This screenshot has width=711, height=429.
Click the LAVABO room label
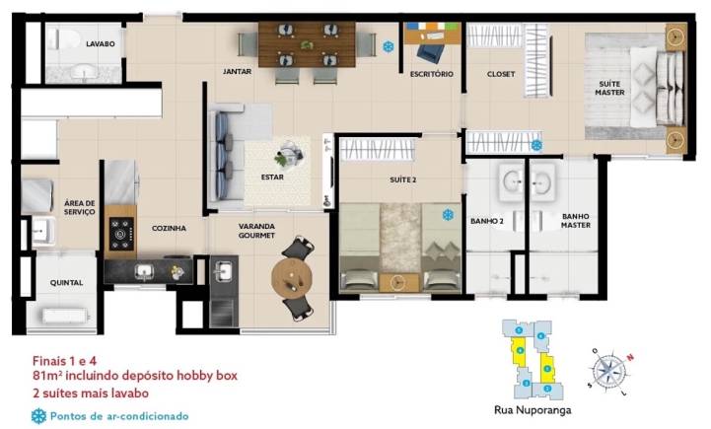(101, 44)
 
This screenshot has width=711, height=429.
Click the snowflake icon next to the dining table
(389, 46)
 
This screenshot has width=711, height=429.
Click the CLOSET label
(501, 74)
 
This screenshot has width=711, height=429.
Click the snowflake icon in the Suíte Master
(537, 145)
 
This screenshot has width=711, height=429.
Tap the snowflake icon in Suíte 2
(448, 215)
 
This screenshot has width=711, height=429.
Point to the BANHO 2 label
(487, 222)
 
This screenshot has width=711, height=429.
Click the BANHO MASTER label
(575, 221)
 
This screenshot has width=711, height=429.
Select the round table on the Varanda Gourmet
(292, 276)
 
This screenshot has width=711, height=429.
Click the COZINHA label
(169, 228)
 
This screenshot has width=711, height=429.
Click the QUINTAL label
(67, 283)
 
